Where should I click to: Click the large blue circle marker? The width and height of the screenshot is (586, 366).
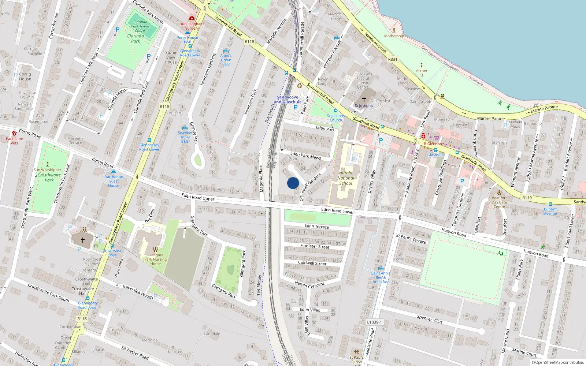click(x=293, y=183)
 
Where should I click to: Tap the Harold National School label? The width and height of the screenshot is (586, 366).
click(x=346, y=178)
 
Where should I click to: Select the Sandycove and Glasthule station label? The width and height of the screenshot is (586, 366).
click(x=288, y=100)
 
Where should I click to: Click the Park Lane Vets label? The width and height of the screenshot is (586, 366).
click(x=14, y=141)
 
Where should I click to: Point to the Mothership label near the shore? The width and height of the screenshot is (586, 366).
click(x=394, y=36)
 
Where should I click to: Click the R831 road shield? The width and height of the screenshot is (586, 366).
click(x=392, y=59)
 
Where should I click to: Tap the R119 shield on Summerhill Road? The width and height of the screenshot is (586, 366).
click(x=249, y=41)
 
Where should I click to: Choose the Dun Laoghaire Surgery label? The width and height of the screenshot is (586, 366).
click(x=192, y=26)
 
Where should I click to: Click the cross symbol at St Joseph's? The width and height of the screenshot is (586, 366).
click(x=364, y=99)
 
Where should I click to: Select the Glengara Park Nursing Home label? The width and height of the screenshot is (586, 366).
click(x=155, y=259)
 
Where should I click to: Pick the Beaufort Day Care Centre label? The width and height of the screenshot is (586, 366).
click(x=499, y=202)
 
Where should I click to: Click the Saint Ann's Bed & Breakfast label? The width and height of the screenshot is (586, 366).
click(x=381, y=277)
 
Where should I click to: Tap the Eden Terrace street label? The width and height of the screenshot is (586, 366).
click(x=317, y=226)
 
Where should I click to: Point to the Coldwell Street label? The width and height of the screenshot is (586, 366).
click(x=312, y=263)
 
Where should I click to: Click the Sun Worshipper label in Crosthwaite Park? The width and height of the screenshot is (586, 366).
click(x=48, y=170)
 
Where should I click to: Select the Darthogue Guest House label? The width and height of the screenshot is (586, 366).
click(x=114, y=181)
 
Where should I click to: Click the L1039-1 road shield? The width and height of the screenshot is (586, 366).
click(x=374, y=322)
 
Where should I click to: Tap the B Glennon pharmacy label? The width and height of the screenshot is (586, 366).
click(x=433, y=144)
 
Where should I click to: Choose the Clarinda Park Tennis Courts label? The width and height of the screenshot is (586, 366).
click(x=140, y=26)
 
